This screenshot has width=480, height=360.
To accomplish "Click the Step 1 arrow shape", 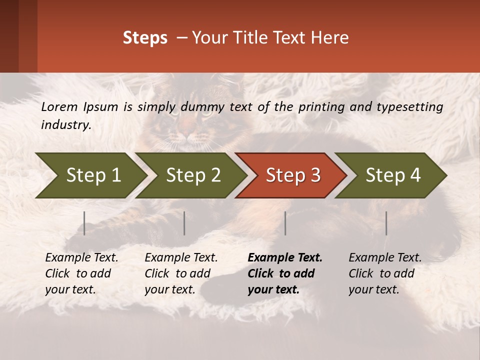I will tap(93, 175).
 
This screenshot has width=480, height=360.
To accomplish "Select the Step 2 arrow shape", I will tap(193, 175).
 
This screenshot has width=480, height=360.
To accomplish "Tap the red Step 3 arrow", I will tap(293, 175).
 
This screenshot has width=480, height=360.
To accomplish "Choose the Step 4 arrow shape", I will tap(393, 175).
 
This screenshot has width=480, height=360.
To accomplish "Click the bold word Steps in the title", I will tap(145, 38).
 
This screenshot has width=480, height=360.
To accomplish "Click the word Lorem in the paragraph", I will tap(59, 106).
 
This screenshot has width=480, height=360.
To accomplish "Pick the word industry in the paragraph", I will tap(66, 125).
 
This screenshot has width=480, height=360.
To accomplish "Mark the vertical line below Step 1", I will tap(84, 223).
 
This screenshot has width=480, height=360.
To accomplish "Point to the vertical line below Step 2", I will tap(184, 223).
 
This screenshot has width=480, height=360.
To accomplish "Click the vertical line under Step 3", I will tap(285, 223).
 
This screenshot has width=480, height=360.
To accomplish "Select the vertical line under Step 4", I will tap(386, 223).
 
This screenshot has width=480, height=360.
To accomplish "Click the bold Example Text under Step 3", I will tap(285, 258).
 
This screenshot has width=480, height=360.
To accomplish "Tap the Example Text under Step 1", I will tap(81, 258).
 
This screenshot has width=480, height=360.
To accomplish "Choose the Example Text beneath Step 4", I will tap(385, 258).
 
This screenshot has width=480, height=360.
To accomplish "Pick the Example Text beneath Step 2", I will tap(181, 258).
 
